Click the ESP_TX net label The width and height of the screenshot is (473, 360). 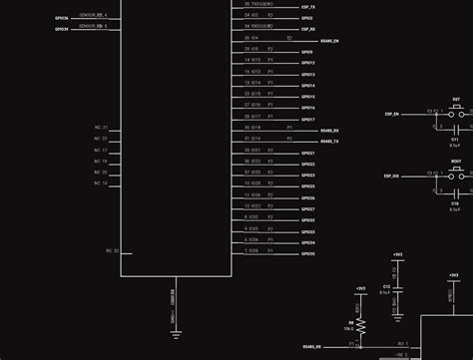pos(307,7)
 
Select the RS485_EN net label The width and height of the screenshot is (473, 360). pos(330,41)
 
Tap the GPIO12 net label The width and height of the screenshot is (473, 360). pos(307,63)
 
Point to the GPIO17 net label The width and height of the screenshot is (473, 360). pos(307,119)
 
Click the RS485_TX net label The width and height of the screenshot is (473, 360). pos(329,142)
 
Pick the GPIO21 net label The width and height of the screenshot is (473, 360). pos(307,153)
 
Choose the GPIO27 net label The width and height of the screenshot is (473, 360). pos(307,208)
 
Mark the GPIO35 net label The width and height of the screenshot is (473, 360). pos(307,253)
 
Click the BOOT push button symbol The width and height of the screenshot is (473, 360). pos(456,172)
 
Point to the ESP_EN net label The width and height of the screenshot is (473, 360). pos(391,115)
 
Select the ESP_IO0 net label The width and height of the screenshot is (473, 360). pos(391,176)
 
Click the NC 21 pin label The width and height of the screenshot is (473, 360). pos(101,128)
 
